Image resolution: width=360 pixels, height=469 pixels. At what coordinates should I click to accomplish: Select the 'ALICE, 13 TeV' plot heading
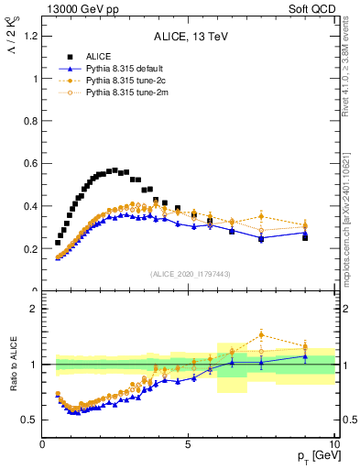189,37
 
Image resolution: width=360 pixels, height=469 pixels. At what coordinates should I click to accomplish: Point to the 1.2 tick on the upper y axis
29,36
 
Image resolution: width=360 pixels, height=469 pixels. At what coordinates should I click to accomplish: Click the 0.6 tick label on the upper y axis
29,163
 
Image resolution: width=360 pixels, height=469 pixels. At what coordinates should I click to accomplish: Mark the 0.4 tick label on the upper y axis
29,206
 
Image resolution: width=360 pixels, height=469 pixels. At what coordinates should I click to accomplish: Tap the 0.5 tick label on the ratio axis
29,420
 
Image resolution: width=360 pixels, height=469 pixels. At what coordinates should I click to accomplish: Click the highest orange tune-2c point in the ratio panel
261,334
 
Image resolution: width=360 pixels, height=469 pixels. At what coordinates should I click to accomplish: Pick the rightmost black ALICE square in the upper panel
305,237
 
